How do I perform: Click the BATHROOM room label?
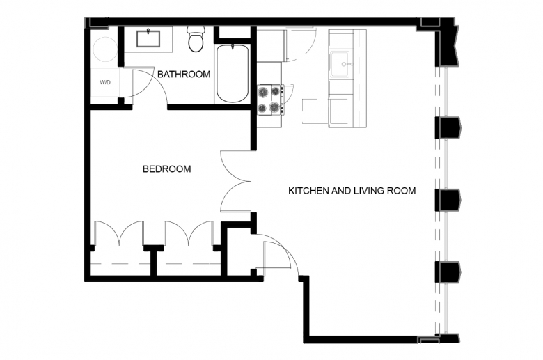pos(184,74)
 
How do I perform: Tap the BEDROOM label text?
pos(167,169)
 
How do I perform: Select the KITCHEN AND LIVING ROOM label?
pos(352,191)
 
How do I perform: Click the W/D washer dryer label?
pos(105,82)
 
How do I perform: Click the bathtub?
pos(233,73)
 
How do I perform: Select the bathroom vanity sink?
pos(149,38)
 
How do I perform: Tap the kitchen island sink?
pos(341,65)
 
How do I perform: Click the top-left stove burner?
pos(264,91)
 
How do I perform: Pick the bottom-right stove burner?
pos(275,107)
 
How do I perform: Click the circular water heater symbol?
pos(104,49)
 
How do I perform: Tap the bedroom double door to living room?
pos(236,181)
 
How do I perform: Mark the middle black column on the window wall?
pos(448,200)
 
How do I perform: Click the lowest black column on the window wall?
pos(448,272)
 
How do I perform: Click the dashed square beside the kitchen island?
pos(315,111)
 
